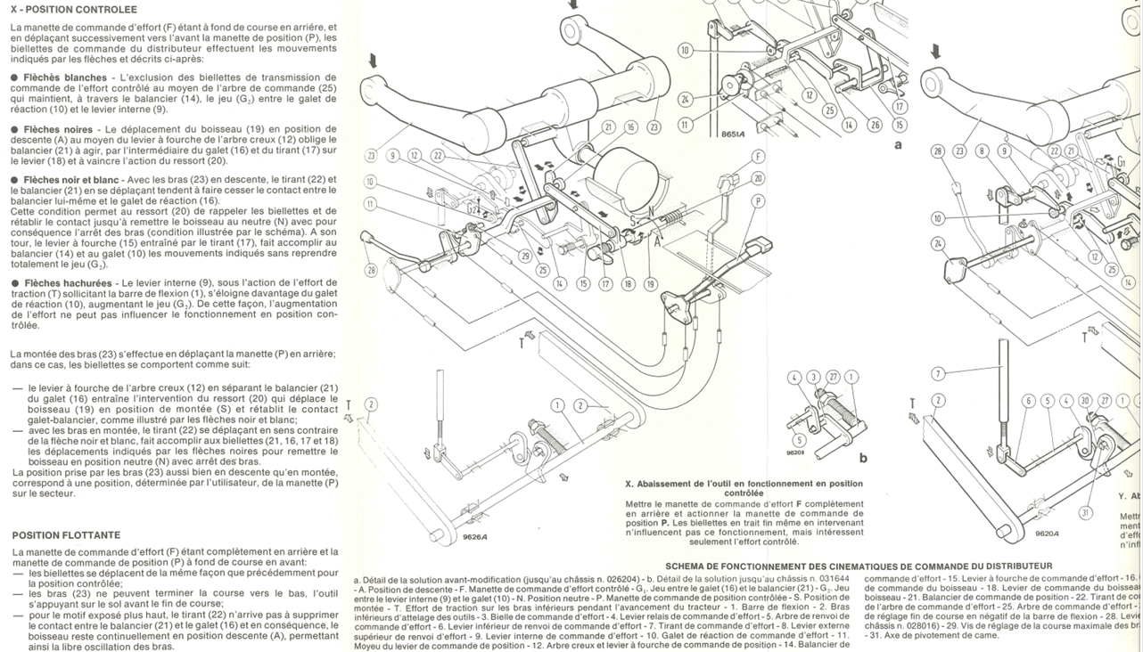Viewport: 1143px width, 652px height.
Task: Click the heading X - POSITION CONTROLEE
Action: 74,10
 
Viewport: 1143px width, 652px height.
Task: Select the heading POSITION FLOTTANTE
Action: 66,535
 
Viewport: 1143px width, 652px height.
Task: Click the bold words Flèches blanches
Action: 66,78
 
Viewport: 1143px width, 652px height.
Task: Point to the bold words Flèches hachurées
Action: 69,283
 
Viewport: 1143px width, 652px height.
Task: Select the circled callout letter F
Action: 757,157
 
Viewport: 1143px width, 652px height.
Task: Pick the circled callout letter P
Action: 757,201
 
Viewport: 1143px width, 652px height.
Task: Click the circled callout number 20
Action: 757,179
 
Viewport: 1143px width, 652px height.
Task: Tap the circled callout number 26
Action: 874,126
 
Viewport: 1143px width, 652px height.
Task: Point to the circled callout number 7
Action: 938,374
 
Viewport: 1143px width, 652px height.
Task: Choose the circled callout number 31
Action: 1085,512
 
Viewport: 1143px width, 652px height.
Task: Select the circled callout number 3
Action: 812,378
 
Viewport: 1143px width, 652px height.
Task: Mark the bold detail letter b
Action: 863,458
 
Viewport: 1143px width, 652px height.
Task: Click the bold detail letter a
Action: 898,143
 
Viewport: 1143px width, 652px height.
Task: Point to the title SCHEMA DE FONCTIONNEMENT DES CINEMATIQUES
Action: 859,566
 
